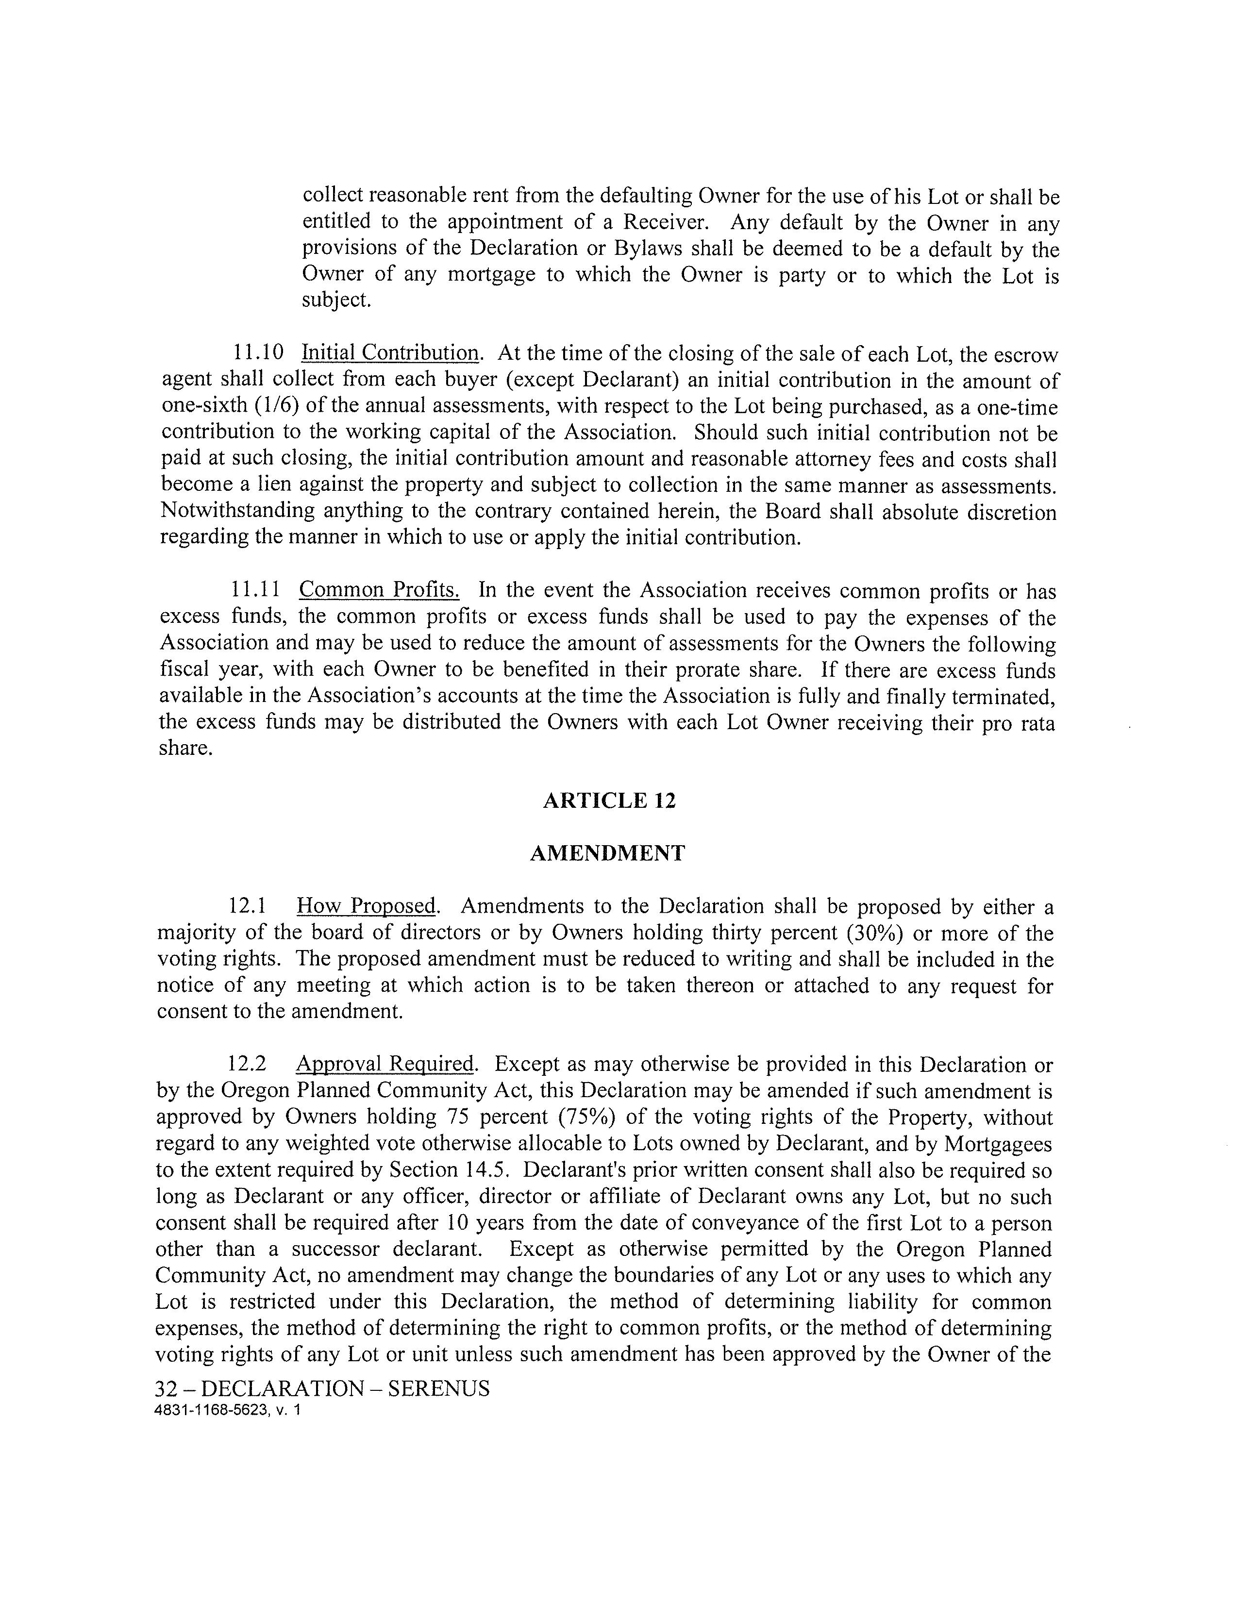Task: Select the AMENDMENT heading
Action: pyautogui.click(x=607, y=853)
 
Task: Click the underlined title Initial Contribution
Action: pyautogui.click(x=390, y=353)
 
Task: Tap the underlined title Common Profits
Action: pyautogui.click(x=379, y=590)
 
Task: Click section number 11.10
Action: pyautogui.click(x=258, y=353)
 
